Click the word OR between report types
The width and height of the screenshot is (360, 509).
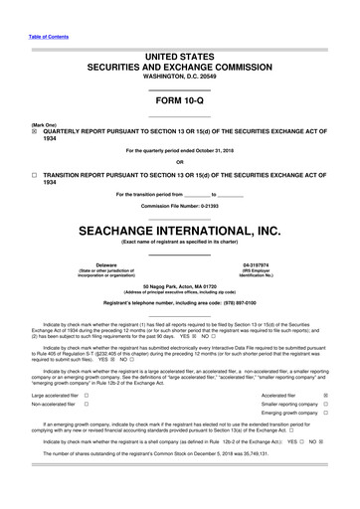179,163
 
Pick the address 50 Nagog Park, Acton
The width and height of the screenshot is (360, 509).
179,285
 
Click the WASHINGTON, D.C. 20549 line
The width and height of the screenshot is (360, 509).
179,77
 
